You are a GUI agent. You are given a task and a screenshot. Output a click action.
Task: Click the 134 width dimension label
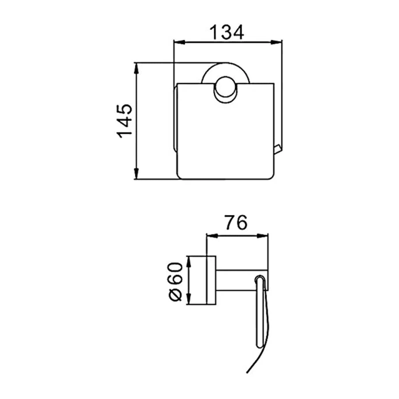pyautogui.click(x=226, y=32)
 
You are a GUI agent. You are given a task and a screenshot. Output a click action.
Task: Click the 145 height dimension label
pyautogui.click(x=125, y=121)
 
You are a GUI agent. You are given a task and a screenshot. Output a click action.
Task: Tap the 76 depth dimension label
pyautogui.click(x=236, y=223)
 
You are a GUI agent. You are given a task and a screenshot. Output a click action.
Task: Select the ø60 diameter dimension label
pyautogui.click(x=175, y=281)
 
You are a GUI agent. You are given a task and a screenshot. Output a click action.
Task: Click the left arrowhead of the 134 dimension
pyautogui.click(x=179, y=42)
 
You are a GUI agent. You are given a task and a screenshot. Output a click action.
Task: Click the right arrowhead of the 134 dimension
pyautogui.click(x=277, y=42)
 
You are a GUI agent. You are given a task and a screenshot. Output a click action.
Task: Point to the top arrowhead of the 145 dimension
pyautogui.click(x=137, y=68)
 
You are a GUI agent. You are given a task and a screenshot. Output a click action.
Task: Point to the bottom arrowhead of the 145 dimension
pyautogui.click(x=137, y=173)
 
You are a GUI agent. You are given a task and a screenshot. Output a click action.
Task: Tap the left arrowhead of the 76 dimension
pyautogui.click(x=212, y=236)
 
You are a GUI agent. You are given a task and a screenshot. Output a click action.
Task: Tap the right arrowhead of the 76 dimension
pyautogui.click(x=262, y=236)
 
